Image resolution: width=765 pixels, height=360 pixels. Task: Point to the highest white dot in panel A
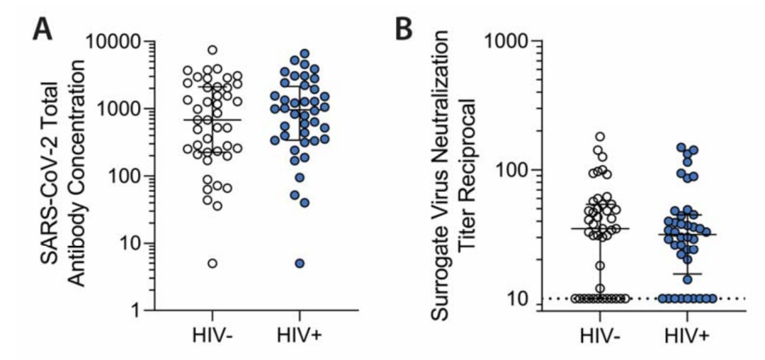(x=212, y=50)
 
